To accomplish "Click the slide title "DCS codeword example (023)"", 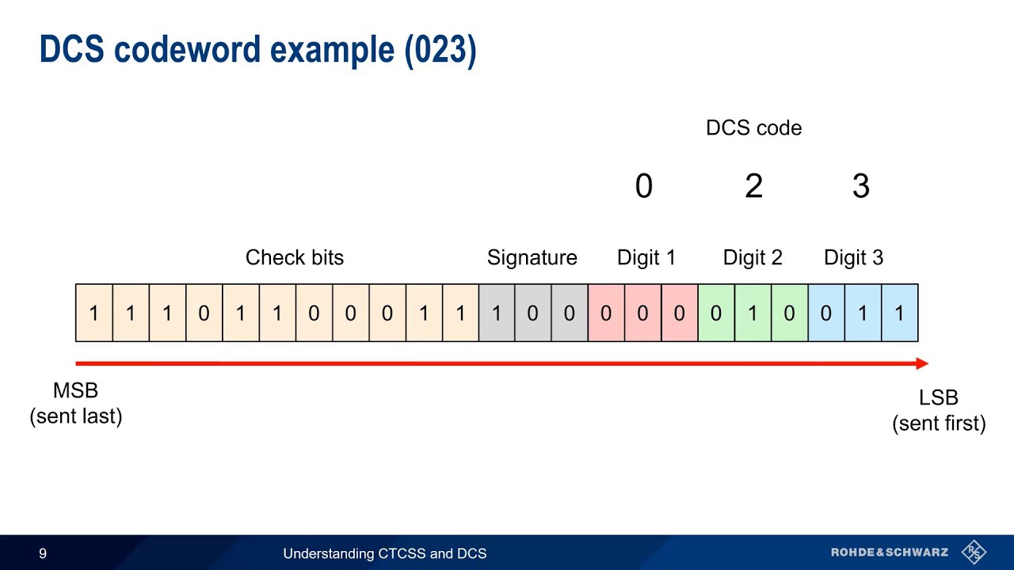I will pos(257,51).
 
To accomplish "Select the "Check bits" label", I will pos(295,257).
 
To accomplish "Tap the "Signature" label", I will pos(532,257).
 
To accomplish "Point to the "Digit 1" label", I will pos(646,257).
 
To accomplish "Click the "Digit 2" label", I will pos(753,257).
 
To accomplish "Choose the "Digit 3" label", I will pos(853,257).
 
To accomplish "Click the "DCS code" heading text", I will pos(753,128).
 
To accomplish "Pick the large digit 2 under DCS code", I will pos(753,187).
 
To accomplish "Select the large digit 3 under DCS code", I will pos(861,187).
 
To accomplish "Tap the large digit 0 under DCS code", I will pos(643,187).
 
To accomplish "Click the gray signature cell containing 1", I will pos(497,313).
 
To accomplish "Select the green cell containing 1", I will pos(753,313).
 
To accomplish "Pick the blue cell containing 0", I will pos(826,313).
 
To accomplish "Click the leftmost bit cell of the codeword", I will pos(93,313).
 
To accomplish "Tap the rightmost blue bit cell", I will pos(899,313).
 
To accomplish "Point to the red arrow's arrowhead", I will pos(922,363).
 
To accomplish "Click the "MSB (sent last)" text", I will pos(76,403).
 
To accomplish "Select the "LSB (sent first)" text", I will pos(939,411).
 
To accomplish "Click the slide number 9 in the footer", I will pos(43,553).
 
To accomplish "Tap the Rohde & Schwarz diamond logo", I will pos(973,552).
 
